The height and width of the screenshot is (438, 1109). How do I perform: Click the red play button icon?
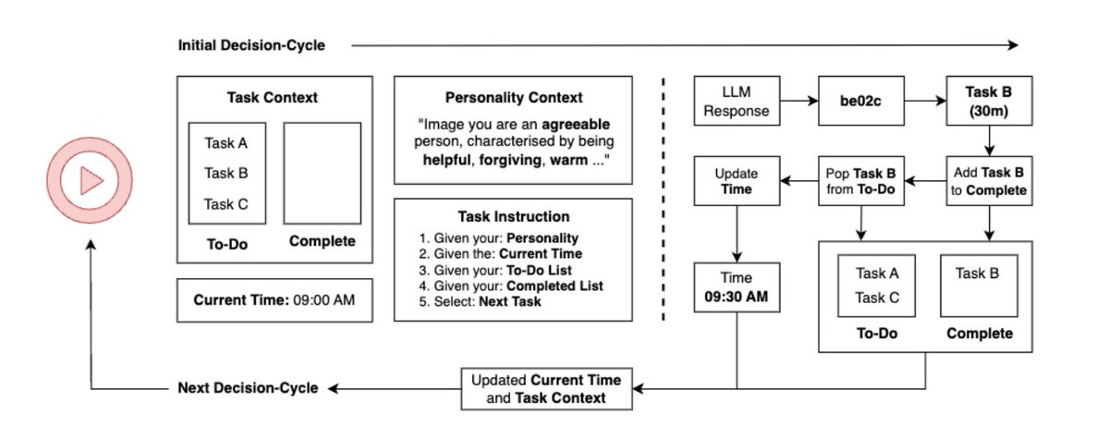tap(90, 180)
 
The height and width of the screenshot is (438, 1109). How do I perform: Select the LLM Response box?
tap(737, 101)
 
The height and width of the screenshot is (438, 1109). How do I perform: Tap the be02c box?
tap(861, 101)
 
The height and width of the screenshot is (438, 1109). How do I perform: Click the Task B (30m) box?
tap(989, 101)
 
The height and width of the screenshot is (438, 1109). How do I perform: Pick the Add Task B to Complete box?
tap(989, 181)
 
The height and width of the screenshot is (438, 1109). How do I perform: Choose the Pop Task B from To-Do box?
tap(861, 181)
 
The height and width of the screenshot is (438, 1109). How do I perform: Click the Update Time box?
tap(737, 181)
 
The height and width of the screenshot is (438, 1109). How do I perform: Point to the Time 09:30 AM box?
tap(737, 287)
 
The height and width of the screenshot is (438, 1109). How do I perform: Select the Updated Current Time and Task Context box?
tap(546, 389)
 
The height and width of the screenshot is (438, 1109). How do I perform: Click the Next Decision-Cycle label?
tap(248, 388)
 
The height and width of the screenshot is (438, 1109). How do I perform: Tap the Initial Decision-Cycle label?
tap(251, 45)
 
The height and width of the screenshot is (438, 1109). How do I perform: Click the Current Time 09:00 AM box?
tap(274, 300)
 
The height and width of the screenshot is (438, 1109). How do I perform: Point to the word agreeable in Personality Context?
tap(576, 124)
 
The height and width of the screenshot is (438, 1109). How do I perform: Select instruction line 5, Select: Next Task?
tap(480, 302)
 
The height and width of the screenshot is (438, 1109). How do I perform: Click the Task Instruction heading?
tap(514, 217)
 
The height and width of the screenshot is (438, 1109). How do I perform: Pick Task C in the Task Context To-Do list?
tap(225, 204)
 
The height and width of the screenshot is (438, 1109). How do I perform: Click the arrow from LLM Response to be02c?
tap(799, 101)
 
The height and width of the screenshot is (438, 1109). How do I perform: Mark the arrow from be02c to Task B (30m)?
tap(925, 101)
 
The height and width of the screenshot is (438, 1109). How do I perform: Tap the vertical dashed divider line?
tap(664, 199)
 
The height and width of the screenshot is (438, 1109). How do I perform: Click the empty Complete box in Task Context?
tap(323, 173)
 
